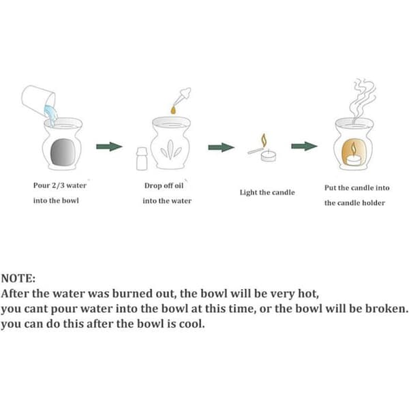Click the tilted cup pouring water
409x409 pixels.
click(38, 100)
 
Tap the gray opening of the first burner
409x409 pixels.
click(63, 152)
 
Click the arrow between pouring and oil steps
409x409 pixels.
click(109, 147)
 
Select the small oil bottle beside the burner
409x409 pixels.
click(142, 159)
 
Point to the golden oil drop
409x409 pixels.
click(173, 110)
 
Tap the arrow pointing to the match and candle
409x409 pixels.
click(221, 147)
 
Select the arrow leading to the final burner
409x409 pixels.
click(305, 146)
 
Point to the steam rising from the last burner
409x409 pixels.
click(363, 99)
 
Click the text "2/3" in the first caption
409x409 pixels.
click(58, 185)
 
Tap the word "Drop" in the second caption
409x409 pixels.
click(152, 185)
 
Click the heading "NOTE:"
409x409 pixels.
click(18, 278)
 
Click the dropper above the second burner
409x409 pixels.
click(182, 97)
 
